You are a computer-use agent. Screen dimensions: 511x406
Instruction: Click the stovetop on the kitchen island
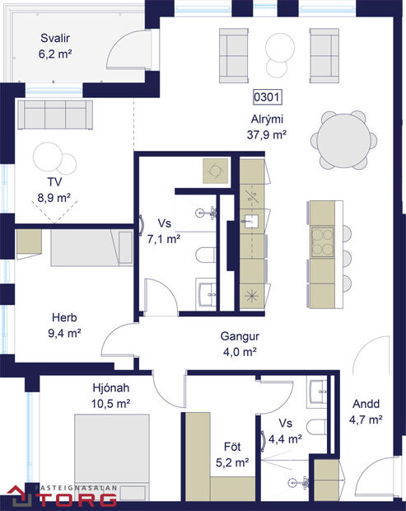(x=320, y=241)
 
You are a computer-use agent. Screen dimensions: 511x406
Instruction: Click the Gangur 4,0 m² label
(x=240, y=344)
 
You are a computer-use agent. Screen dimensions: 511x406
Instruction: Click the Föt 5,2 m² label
(x=232, y=456)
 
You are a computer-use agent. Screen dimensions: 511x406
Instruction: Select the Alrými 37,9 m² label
(x=268, y=127)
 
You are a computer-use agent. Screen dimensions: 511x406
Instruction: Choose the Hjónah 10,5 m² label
(x=112, y=395)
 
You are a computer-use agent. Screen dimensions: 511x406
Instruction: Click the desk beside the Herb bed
(x=28, y=241)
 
